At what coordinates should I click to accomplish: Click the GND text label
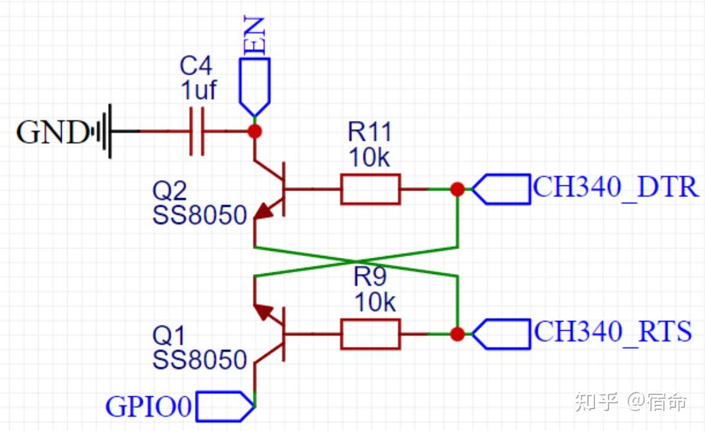[52, 133]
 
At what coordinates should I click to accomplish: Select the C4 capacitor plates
[196, 131]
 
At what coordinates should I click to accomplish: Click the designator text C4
[196, 66]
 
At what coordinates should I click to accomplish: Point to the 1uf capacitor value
[199, 90]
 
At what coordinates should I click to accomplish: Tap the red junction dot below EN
[255, 131]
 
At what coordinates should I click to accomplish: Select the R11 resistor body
[371, 189]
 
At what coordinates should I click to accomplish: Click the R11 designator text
[370, 132]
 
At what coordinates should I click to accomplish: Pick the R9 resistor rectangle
[371, 334]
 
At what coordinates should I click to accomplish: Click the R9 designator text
[370, 277]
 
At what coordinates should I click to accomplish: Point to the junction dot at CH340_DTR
[457, 189]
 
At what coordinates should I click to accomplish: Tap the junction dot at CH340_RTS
[457, 334]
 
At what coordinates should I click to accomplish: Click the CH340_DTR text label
[616, 187]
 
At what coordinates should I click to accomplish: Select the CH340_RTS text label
[612, 332]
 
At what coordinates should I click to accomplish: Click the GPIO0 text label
[149, 407]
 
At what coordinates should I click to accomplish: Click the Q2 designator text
[170, 191]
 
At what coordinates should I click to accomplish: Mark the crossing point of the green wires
[356, 261]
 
